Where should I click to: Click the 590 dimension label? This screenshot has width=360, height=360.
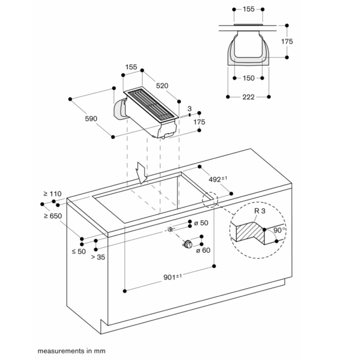91,118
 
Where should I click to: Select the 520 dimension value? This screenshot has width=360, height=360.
163,86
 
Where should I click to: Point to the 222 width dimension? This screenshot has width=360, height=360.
248,97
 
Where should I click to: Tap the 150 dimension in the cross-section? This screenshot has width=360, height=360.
248,78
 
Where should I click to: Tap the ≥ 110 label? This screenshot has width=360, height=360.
50,194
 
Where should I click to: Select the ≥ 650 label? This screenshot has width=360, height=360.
53,216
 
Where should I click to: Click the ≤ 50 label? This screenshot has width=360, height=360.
79,252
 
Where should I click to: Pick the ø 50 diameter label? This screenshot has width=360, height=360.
201,223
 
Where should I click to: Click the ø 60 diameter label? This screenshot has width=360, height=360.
203,251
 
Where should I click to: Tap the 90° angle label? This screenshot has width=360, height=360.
280,229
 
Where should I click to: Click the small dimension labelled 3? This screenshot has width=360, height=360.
189,108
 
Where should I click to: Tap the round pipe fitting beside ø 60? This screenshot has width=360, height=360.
188,244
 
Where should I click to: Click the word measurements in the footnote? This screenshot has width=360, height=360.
57,350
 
